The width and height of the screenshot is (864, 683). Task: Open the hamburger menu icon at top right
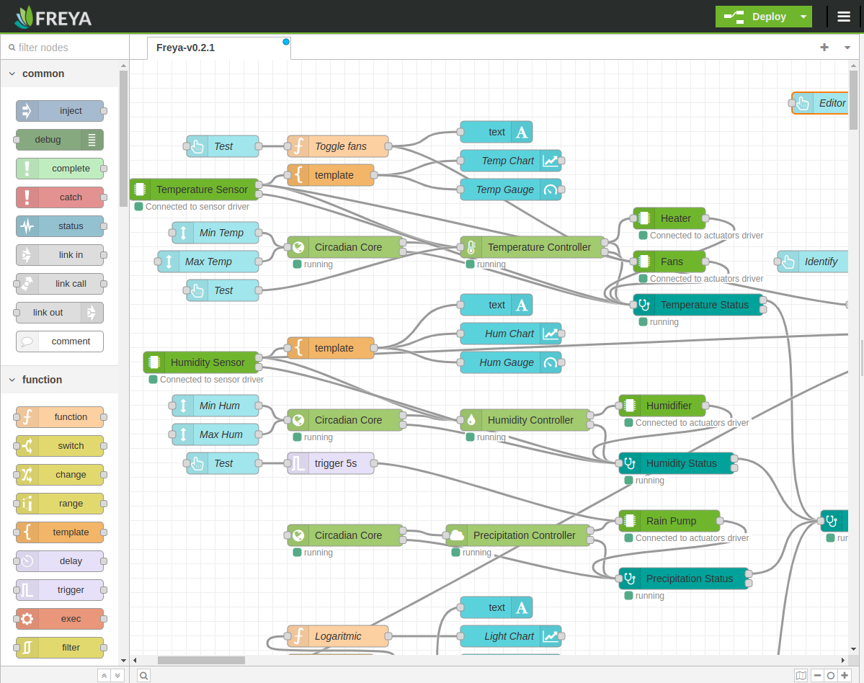844,17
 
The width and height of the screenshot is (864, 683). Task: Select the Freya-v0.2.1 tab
185,48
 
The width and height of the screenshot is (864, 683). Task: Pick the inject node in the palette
60,111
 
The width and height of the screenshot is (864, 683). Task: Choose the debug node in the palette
60,140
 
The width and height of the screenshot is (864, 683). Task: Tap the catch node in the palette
60,197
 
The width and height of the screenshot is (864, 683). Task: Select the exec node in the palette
60,619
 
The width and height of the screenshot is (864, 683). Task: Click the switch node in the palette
60,446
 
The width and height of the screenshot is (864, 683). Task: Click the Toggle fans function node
338,146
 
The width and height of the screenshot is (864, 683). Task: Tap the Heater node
669,218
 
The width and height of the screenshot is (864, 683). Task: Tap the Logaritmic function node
338,636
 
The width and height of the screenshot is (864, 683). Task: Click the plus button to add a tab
824,48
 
